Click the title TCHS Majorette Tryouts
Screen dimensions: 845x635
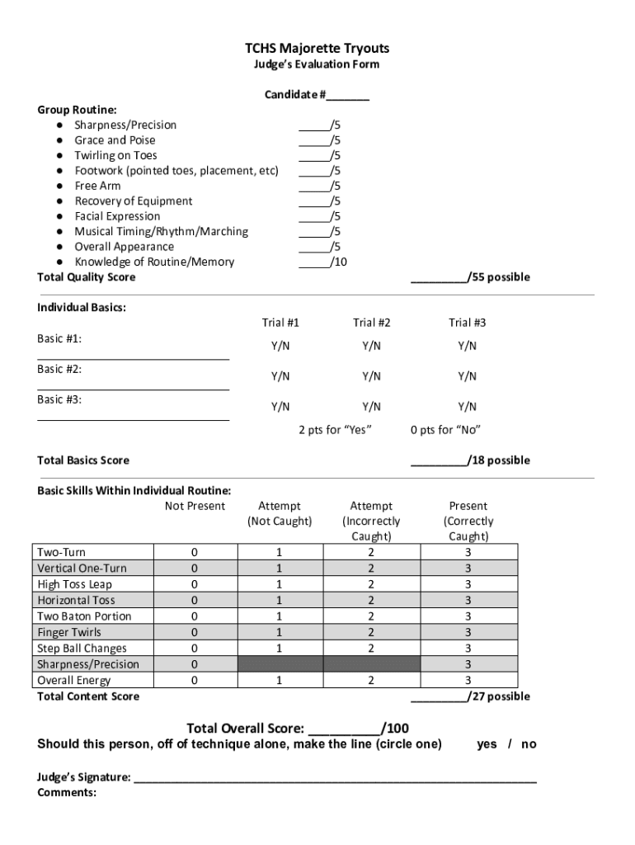tap(317, 49)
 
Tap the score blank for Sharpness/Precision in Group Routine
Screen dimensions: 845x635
tap(313, 126)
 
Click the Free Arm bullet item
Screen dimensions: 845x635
tap(97, 186)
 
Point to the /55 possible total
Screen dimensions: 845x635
tap(471, 277)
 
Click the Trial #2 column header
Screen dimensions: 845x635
tap(371, 323)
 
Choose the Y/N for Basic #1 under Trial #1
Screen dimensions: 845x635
tap(280, 346)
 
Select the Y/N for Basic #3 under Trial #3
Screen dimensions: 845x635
tap(468, 406)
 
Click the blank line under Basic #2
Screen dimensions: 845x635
tap(133, 388)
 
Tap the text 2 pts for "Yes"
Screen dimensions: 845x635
tap(335, 430)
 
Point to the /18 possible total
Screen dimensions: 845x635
tap(471, 460)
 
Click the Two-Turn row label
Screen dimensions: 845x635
tap(61, 552)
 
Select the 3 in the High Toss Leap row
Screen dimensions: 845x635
tap(468, 584)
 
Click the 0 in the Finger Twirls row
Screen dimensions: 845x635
tap(195, 632)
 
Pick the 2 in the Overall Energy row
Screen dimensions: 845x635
tap(371, 681)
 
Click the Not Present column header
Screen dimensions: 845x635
tap(195, 506)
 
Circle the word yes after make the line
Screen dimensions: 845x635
tap(487, 744)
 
